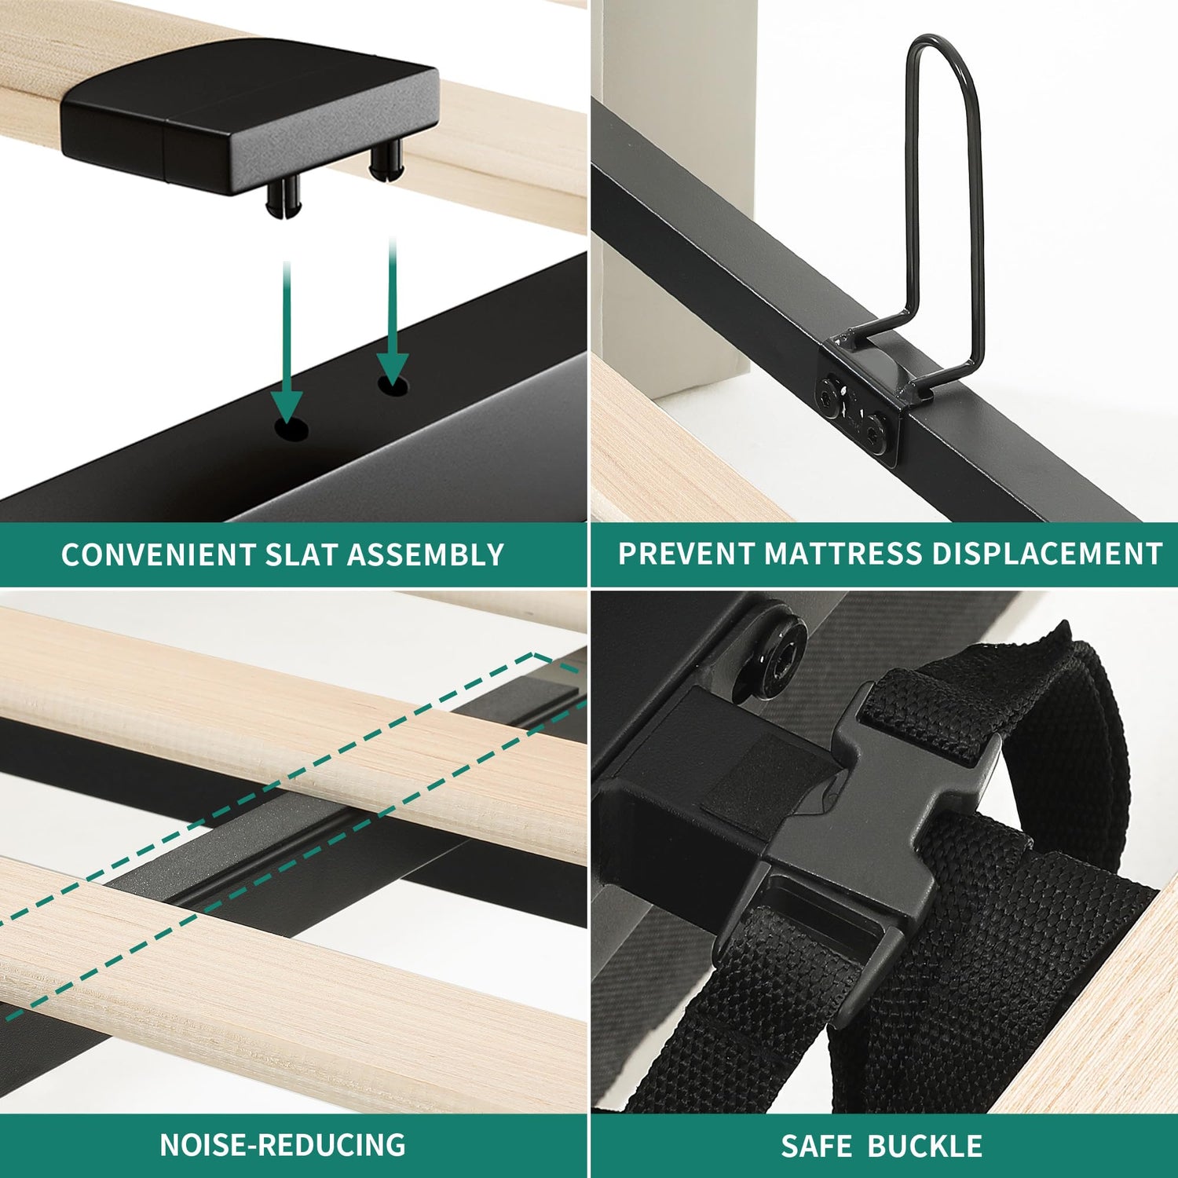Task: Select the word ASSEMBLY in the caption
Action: pyautogui.click(x=425, y=554)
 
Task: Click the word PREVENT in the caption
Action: pyautogui.click(x=686, y=554)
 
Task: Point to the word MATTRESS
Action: pyautogui.click(x=843, y=554)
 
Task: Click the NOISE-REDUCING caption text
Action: pyautogui.click(x=283, y=1144)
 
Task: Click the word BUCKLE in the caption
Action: pyautogui.click(x=924, y=1146)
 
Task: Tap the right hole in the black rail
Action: pyautogui.click(x=393, y=386)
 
